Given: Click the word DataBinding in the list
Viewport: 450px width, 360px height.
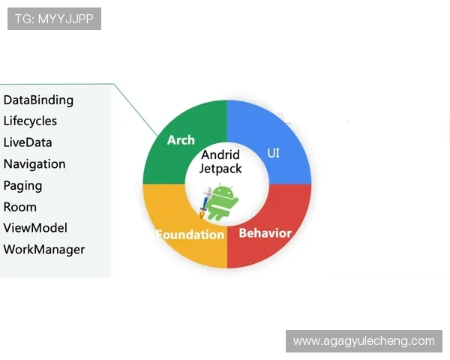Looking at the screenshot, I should click(x=38, y=100).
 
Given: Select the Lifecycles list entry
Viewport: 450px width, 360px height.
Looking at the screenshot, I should click(x=30, y=121).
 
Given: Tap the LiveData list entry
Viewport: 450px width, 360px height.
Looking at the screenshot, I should click(x=28, y=142).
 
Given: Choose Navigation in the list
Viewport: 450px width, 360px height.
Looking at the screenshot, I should click(x=34, y=164).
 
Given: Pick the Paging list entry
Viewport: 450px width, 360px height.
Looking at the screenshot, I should click(x=22, y=185).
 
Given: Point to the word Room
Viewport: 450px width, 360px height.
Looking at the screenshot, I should click(x=20, y=207).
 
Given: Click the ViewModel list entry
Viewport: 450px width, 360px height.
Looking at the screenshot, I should click(x=35, y=228).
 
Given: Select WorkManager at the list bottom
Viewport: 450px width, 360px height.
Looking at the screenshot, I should click(x=44, y=250).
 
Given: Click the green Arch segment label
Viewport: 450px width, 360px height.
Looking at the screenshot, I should click(x=181, y=140).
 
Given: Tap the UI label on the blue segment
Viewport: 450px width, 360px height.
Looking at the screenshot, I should click(x=274, y=153).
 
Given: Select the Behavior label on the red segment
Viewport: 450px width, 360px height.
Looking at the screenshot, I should click(x=265, y=232).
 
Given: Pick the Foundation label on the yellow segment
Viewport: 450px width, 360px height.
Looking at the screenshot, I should click(x=190, y=234).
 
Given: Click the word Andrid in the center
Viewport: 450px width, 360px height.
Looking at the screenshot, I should click(x=220, y=155).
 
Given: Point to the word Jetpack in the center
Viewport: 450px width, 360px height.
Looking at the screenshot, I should click(x=220, y=169).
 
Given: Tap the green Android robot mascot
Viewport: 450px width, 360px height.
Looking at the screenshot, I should click(x=222, y=202).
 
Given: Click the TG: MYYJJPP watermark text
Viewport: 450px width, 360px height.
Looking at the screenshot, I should click(x=54, y=19).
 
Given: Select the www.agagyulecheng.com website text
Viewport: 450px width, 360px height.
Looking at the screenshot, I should click(x=364, y=341).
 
